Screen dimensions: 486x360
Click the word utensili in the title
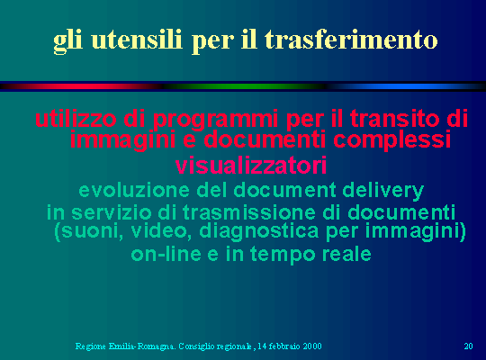pos(137,40)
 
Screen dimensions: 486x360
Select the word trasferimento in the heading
pos(351,40)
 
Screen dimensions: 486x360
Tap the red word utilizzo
pos(76,119)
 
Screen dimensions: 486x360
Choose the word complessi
pos(392,140)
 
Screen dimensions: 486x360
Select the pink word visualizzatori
pos(251,166)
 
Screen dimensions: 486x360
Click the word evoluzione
pos(134,190)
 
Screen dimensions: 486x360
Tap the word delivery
pos(383,191)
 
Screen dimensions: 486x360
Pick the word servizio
pos(112,212)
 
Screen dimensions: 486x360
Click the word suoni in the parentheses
pos(91,231)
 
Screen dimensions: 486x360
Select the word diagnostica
pos(259,232)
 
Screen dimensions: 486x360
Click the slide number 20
pos(468,346)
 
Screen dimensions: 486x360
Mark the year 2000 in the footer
pos(312,346)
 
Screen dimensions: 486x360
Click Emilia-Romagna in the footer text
pos(142,346)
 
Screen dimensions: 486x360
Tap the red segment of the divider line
pos(84,86)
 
